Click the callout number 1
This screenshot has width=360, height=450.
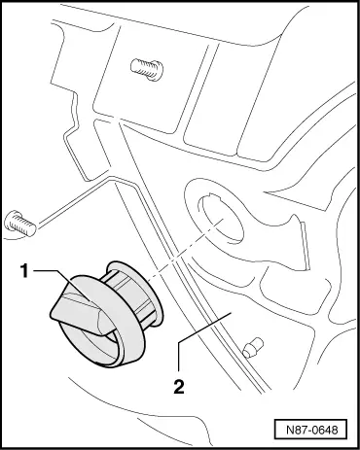click(x=25, y=270)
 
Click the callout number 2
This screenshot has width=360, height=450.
click(x=179, y=386)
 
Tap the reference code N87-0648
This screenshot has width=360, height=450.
click(x=312, y=430)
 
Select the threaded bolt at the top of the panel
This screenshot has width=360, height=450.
click(x=147, y=69)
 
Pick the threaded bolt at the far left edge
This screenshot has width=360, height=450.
click(x=19, y=223)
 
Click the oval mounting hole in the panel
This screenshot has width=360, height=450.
click(x=221, y=220)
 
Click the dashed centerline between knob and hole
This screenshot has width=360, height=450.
click(x=186, y=250)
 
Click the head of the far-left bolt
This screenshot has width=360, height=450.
click(x=11, y=221)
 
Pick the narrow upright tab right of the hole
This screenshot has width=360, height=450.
click(x=305, y=246)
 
